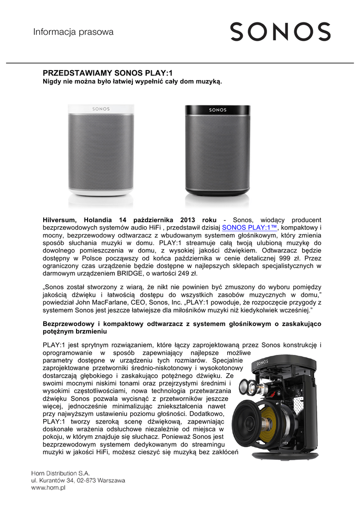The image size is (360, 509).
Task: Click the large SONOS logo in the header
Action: click(280, 32)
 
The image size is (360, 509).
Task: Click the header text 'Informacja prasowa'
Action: click(73, 32)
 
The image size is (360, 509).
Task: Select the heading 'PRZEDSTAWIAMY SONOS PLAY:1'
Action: click(97, 73)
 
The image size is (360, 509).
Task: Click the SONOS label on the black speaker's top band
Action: click(217, 109)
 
